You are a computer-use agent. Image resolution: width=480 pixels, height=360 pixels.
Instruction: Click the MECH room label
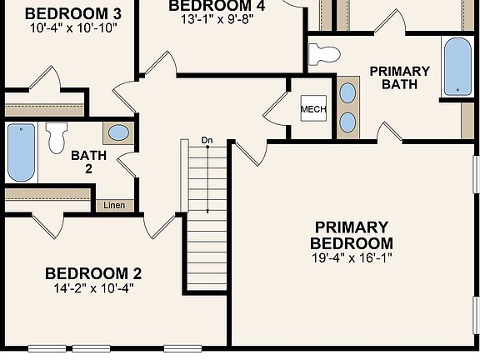point(313,110)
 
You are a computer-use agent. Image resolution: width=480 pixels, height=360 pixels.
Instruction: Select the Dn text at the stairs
point(207,140)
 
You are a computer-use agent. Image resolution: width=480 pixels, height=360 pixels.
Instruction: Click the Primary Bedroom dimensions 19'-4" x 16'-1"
point(351,258)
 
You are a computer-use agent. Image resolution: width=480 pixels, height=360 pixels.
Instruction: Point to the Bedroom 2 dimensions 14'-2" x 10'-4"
point(92,288)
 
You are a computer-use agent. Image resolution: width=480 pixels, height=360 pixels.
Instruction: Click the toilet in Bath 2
point(57,137)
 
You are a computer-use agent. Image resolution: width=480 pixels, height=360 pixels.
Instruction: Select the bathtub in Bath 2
point(22,152)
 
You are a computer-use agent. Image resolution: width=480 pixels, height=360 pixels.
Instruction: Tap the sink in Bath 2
point(119,132)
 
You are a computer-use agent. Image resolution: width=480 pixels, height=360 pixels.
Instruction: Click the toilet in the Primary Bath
point(324,55)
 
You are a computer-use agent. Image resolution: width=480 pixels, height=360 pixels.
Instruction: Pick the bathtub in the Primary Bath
point(457,67)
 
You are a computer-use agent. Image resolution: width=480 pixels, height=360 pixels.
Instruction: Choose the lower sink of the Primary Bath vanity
point(348,122)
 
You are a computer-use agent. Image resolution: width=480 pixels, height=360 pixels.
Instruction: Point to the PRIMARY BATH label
point(399,77)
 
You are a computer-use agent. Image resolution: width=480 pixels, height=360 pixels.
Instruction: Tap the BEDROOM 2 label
point(92,273)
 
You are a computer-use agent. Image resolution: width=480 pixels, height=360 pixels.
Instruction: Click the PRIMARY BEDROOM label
point(351,235)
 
